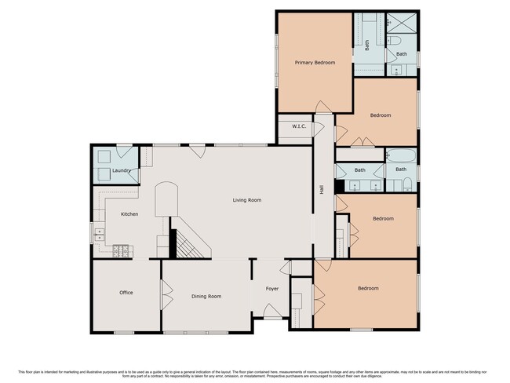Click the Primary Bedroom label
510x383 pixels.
coord(315,62)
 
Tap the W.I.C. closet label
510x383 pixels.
coord(299,126)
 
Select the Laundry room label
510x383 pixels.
coord(122,170)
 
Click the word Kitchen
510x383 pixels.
coord(129,213)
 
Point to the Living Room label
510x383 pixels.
coord(246,200)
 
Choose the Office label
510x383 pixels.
coord(126,293)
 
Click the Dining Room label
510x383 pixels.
coord(206,296)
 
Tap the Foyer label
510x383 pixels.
coord(272,289)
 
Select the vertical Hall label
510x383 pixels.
coord(322,189)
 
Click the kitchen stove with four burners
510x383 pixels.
coord(122,251)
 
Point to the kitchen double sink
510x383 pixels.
coord(98,232)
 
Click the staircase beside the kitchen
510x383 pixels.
coord(188,244)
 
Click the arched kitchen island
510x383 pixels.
coord(167,200)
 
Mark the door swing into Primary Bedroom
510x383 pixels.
coord(323,107)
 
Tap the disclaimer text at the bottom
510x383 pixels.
coord(254,374)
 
